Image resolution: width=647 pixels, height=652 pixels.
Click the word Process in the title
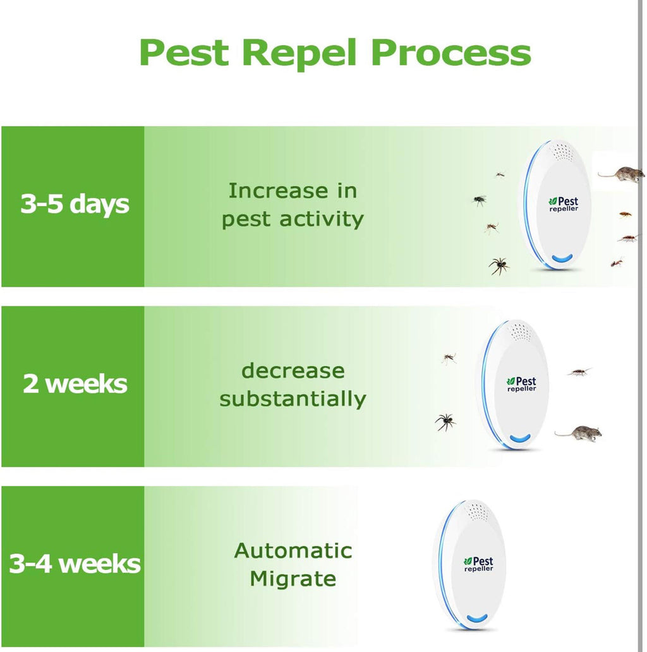point(451,53)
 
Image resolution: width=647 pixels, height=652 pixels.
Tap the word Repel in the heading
point(299,53)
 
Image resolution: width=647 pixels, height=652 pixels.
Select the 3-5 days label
point(75,204)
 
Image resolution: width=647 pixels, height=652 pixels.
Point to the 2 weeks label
point(75,383)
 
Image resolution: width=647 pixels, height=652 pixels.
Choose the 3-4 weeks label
point(75,564)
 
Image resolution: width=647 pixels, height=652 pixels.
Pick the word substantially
point(293,399)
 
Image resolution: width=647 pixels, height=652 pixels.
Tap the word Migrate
point(293,579)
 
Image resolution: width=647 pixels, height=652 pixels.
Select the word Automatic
point(293,551)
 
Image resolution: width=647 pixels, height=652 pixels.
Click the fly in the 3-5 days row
point(480,200)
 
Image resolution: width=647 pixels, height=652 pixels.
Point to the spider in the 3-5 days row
point(499,266)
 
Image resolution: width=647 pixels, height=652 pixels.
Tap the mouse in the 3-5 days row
point(622,173)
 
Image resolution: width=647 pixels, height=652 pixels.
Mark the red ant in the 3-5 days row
point(617,262)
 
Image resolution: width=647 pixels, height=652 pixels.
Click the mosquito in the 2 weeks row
point(449,358)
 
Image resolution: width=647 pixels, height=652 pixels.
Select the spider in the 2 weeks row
point(445,422)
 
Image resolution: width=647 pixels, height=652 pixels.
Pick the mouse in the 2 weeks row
point(579,433)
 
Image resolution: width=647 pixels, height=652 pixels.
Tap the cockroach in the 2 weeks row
point(579,371)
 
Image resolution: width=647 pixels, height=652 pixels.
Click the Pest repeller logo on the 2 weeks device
point(522,383)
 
